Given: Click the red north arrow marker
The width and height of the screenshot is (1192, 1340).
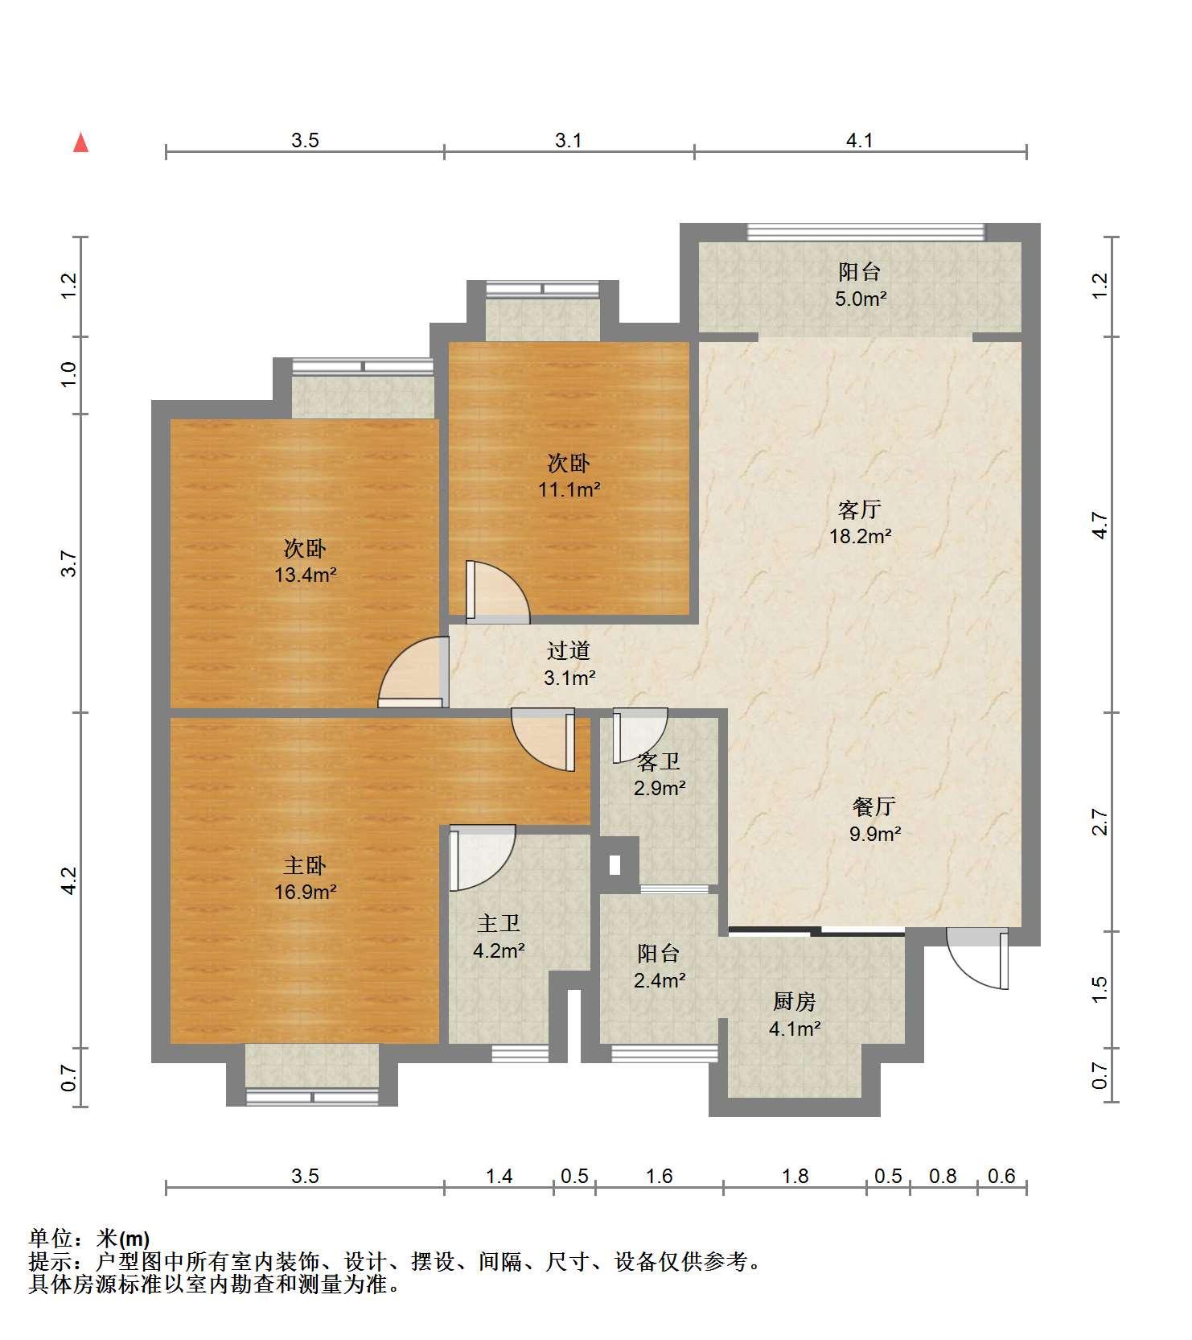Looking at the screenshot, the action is pos(80,142).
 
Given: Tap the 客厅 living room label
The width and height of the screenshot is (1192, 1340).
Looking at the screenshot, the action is pos(860,509).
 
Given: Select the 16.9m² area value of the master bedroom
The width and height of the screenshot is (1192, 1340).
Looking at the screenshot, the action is pos(304,892).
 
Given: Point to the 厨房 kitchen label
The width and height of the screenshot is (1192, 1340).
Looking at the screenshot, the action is pos(795,1001).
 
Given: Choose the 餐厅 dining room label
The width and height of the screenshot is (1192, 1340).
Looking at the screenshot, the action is pos(874,806).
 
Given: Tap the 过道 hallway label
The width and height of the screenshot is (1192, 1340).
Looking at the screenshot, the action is pos(569,650).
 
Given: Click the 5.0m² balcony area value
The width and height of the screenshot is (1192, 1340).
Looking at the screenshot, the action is pos(860,299).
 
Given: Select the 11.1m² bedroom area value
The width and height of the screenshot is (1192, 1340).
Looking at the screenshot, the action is pos(569,489).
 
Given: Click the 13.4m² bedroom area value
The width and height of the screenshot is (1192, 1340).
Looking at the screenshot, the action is pos(305,575).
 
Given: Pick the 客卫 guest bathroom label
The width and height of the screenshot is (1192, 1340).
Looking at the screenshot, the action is pos(659,761).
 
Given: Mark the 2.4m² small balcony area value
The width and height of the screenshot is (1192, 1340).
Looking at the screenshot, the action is pos(659,980).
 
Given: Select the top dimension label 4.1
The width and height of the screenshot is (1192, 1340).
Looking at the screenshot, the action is pos(860,141).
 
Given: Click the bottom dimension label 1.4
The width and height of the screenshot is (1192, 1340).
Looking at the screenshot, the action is pos(499,1177).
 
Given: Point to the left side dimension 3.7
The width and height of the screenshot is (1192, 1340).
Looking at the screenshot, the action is pos(70,563).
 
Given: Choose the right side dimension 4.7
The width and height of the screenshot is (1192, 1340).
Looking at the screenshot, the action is pos(1100,526).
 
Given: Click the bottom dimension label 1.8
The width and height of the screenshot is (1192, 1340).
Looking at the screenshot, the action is pos(795,1177).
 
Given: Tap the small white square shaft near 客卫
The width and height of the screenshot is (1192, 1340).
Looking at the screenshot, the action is pos(615,865).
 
